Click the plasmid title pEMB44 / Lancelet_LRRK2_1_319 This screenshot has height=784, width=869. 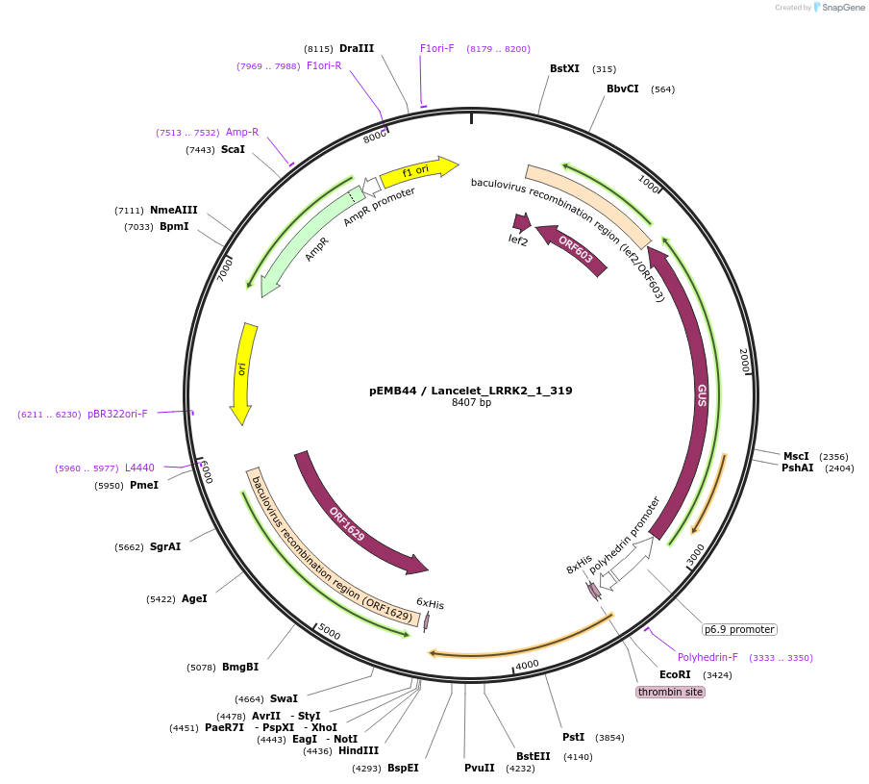click(470, 391)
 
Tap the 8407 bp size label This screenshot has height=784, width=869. click(471, 403)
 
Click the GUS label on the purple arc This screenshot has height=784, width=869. click(702, 394)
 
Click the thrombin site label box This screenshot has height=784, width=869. click(670, 692)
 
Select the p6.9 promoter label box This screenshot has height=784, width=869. click(739, 629)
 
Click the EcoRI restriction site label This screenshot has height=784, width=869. click(674, 674)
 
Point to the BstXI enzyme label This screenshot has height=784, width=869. click(564, 69)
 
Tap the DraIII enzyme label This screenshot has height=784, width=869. click(357, 48)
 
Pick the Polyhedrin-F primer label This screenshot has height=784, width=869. click(708, 658)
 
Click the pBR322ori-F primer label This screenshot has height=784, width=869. click(117, 414)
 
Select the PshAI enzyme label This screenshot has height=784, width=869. click(797, 468)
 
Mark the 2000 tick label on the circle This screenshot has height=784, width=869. click(743, 363)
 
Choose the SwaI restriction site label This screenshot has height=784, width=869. click(284, 698)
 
